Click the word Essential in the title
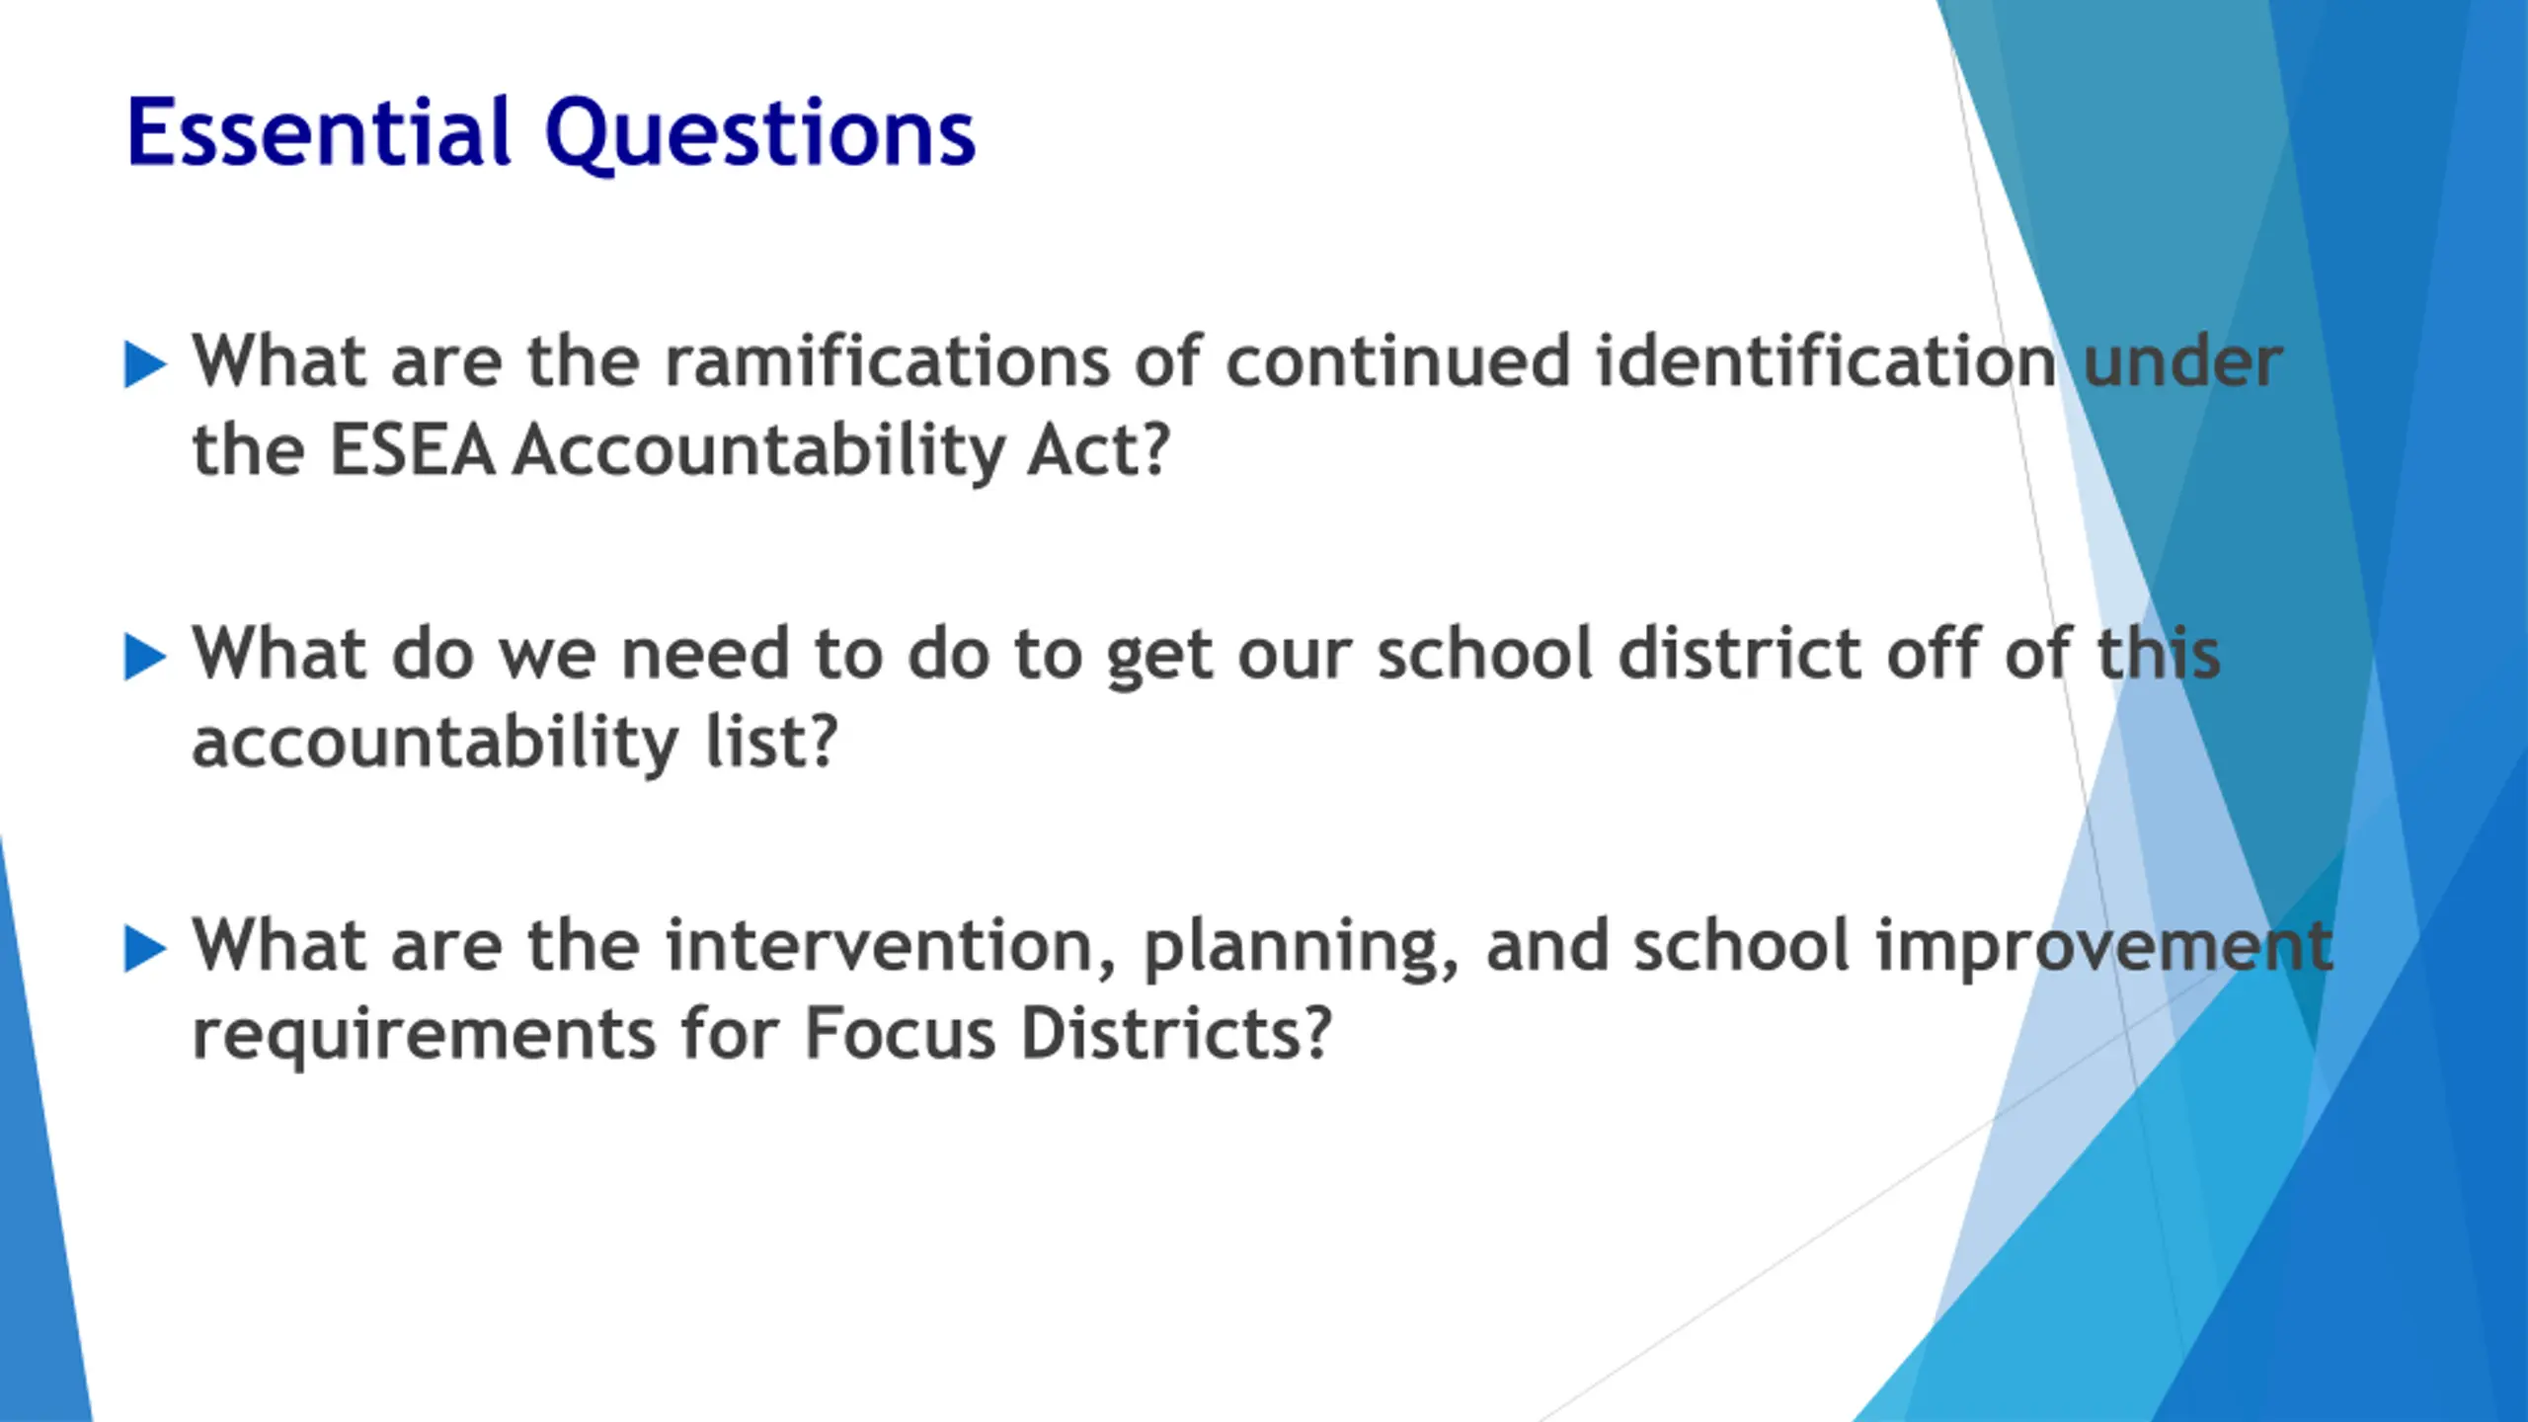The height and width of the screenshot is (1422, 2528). point(319,132)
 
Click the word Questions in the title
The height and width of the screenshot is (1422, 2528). point(759,136)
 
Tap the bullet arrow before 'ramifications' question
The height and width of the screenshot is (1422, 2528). point(145,364)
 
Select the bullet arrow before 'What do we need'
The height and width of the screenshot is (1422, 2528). point(145,657)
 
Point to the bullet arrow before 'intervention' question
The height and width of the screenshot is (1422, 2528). point(145,949)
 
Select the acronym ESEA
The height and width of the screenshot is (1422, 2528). point(412,450)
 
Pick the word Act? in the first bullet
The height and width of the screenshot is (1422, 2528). point(1098,450)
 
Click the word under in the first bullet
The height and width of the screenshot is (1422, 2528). point(2182,360)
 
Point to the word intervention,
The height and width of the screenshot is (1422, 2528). point(892,948)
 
